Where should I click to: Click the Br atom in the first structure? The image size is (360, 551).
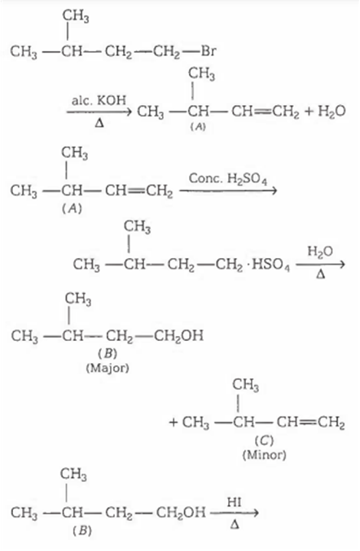pyautogui.click(x=209, y=51)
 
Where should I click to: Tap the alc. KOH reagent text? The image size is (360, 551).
pyautogui.click(x=99, y=100)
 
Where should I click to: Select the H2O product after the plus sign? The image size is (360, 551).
pyautogui.click(x=331, y=112)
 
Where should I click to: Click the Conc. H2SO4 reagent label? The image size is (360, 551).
pyautogui.click(x=228, y=179)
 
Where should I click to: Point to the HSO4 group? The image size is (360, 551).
pyautogui.click(x=270, y=265)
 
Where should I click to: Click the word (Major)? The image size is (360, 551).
pyautogui.click(x=108, y=368)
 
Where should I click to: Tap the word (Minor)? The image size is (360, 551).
pyautogui.click(x=265, y=455)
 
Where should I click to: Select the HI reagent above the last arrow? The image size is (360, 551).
pyautogui.click(x=234, y=502)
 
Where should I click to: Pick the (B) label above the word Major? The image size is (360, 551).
pyautogui.click(x=108, y=352)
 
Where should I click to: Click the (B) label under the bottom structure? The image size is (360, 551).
pyautogui.click(x=82, y=531)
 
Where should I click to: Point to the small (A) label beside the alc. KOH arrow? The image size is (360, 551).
pyautogui.click(x=198, y=127)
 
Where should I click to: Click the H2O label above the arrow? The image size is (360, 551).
pyautogui.click(x=320, y=251)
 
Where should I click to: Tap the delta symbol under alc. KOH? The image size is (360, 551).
pyautogui.click(x=99, y=124)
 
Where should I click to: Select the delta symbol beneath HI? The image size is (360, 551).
pyautogui.click(x=235, y=525)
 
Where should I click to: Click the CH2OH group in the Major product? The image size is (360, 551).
pyautogui.click(x=179, y=336)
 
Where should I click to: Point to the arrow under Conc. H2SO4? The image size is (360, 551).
pyautogui.click(x=228, y=190)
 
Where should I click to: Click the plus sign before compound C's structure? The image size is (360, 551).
pyautogui.click(x=173, y=422)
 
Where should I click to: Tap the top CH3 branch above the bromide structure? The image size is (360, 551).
pyautogui.click(x=76, y=16)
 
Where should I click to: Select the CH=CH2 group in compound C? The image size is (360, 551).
pyautogui.click(x=310, y=422)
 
